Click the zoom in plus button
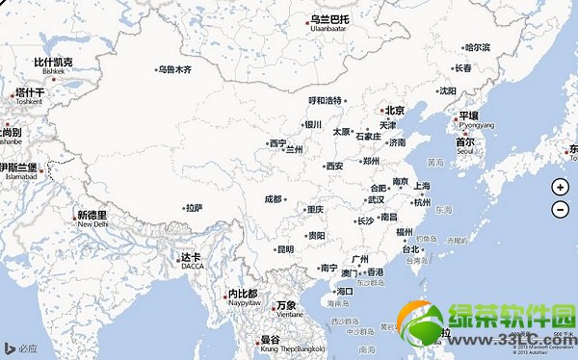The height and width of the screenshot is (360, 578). [x=561, y=188]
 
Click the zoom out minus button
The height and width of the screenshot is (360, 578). [x=561, y=209]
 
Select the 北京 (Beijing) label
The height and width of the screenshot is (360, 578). [x=392, y=111]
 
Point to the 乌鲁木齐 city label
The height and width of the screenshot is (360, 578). [x=176, y=69]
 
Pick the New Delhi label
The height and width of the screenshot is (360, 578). [x=93, y=224]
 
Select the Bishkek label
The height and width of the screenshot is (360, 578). [x=53, y=71]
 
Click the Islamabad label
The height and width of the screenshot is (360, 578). [x=18, y=177]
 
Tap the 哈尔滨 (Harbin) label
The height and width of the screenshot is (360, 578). [x=477, y=47]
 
